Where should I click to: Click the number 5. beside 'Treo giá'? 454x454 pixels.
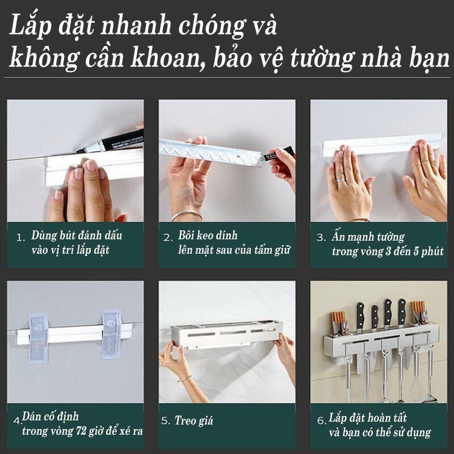click(166, 421)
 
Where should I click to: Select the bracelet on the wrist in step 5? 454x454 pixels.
click(183, 377)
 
